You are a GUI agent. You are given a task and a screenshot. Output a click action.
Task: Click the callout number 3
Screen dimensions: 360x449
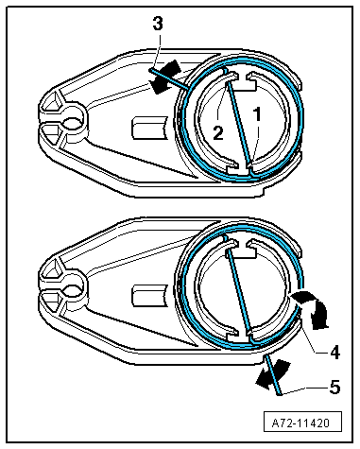158,24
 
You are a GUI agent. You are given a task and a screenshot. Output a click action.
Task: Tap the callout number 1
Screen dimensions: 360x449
258,114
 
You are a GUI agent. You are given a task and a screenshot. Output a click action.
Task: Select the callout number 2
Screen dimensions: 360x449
218,132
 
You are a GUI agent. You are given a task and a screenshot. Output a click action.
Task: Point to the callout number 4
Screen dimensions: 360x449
334,352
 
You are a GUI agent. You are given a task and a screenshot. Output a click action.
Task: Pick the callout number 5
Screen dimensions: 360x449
334,387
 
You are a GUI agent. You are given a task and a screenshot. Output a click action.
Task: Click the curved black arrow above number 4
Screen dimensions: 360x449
313,308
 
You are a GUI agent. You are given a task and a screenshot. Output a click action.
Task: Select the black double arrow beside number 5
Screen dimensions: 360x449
272,374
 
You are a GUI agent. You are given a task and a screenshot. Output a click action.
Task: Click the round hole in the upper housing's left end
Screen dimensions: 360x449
72,122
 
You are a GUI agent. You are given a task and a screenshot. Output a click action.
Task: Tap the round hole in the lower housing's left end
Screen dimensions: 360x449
72,290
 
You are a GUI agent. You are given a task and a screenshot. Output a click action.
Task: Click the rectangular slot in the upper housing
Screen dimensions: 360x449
148,128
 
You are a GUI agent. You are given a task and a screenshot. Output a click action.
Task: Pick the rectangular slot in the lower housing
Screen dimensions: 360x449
148,296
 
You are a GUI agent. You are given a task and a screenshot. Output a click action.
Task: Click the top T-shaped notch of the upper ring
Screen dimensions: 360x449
242,81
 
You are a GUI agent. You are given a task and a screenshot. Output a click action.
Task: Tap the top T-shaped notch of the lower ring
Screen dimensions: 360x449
242,250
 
